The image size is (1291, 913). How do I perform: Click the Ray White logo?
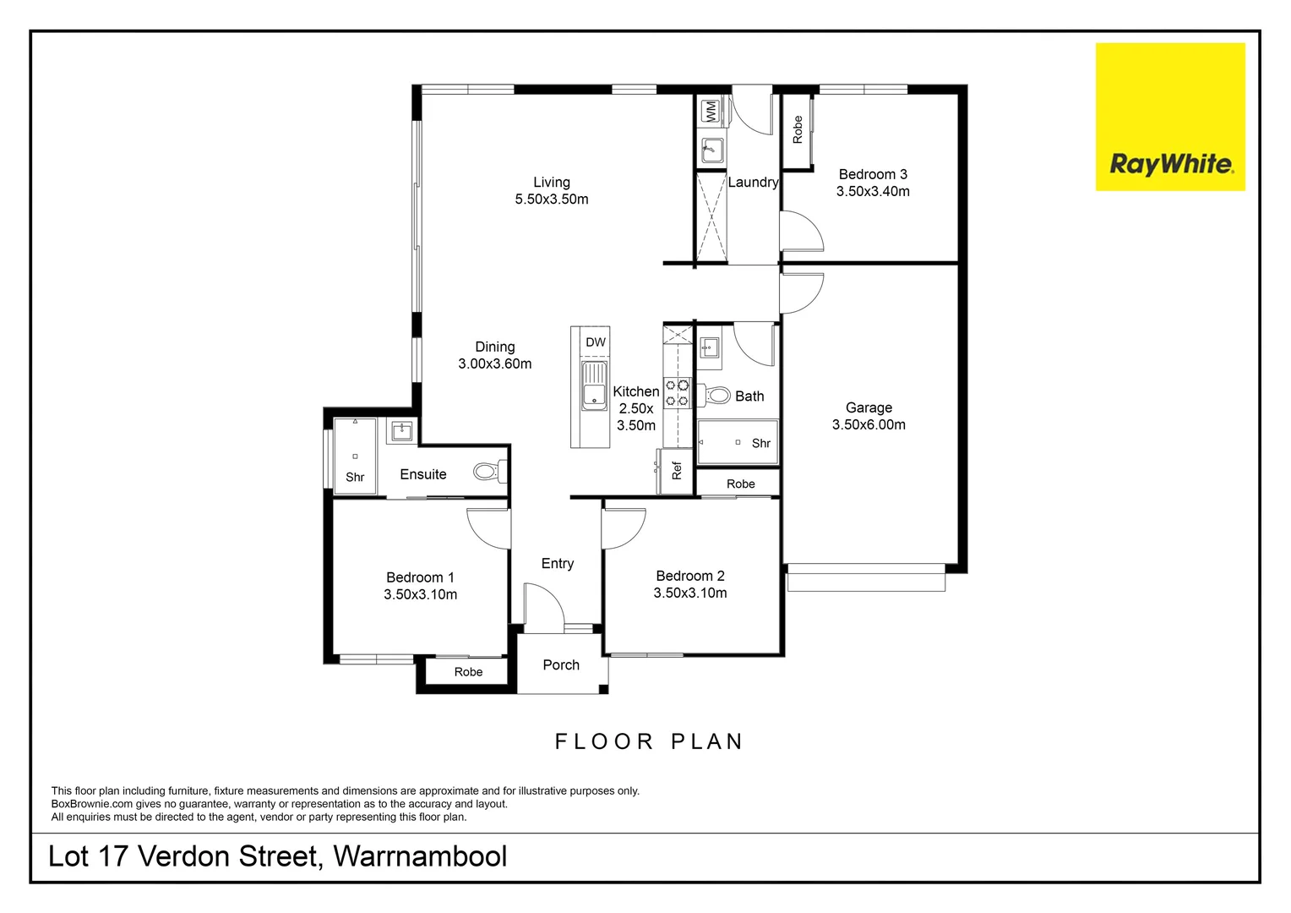click(x=1170, y=117)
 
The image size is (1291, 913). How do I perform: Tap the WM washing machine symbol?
click(x=711, y=111)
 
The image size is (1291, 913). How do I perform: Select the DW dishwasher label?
click(x=596, y=342)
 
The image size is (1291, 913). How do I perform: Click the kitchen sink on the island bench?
click(x=594, y=385)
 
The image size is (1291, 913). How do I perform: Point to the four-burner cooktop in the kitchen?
click(x=678, y=393)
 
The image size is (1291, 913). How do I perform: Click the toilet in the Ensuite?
click(x=488, y=471)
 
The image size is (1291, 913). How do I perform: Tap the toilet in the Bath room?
click(x=717, y=395)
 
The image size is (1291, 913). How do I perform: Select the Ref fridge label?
click(x=677, y=471)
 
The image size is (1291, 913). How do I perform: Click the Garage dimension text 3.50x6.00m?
click(x=869, y=424)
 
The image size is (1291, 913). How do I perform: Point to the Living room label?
click(x=552, y=183)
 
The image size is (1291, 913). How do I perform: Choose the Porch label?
click(x=561, y=665)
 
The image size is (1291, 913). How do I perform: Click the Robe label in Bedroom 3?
click(x=798, y=129)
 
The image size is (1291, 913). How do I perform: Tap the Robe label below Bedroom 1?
click(x=468, y=672)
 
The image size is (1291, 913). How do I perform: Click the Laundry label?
click(x=753, y=183)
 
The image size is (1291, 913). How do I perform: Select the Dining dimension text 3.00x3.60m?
click(x=495, y=364)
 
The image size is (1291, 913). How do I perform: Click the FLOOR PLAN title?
click(x=649, y=741)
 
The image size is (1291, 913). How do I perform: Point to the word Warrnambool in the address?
click(x=420, y=856)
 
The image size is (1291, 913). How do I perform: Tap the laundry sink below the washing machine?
click(x=712, y=150)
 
